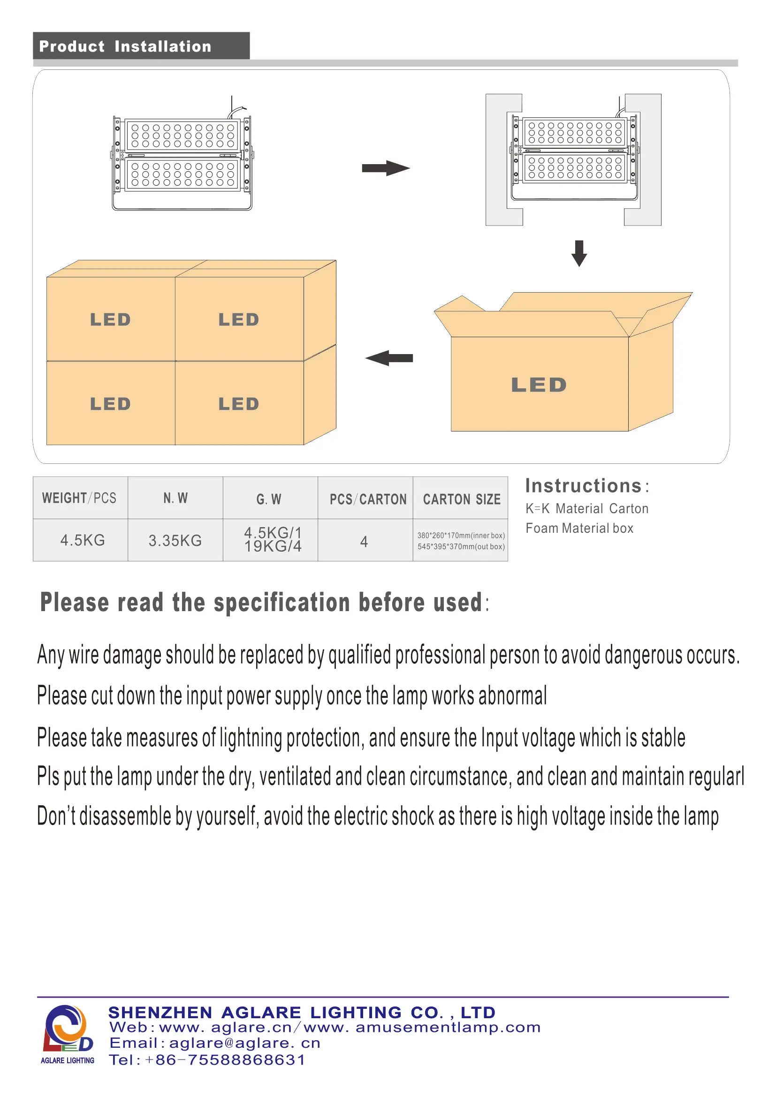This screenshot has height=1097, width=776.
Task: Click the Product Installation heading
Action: pos(125,46)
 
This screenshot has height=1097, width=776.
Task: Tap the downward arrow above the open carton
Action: pos(579,253)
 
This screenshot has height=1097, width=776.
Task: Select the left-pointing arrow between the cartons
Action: pos(389,358)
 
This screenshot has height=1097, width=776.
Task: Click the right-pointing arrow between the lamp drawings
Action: pos(386,168)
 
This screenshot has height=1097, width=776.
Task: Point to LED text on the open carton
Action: pos(539,385)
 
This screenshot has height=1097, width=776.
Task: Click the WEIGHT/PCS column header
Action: pos(79,499)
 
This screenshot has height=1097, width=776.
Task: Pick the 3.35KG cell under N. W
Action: pos(175,540)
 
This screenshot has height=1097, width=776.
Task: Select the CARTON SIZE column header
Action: pos(462,499)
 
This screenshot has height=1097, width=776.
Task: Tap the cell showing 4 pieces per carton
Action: pos(364,541)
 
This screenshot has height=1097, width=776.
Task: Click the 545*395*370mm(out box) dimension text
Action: pos(461,546)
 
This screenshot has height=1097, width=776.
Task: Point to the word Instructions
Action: pos(584,486)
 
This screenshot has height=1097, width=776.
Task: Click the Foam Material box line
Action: pos(579,529)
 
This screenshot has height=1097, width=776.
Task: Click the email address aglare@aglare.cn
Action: pos(244,1043)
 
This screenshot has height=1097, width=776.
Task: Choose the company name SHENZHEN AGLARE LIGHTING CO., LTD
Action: pos(302,1013)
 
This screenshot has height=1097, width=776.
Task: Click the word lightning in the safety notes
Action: pos(251,739)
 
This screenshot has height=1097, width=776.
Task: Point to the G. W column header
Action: pos(269,499)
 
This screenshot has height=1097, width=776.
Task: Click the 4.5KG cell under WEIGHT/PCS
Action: pos(82,540)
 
